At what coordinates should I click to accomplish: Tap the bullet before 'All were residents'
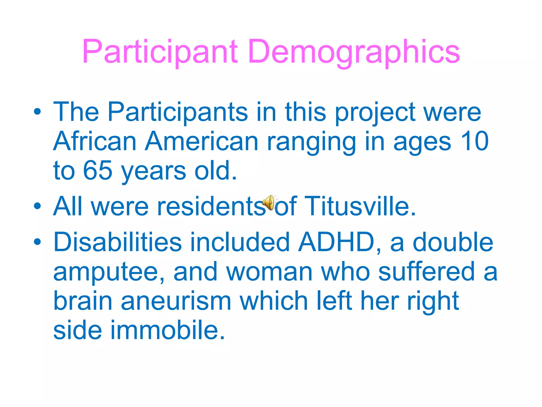pos(37,206)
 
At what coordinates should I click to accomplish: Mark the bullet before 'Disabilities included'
pos(37,241)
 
